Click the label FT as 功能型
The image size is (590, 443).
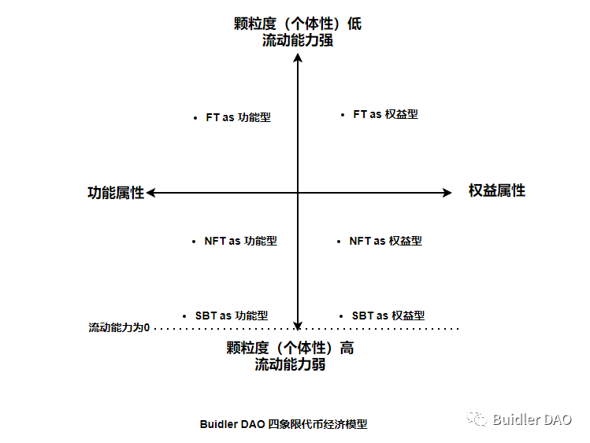click(x=238, y=117)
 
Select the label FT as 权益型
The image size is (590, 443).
click(x=385, y=114)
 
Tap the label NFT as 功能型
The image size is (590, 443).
click(x=240, y=242)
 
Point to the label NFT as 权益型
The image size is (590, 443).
click(x=385, y=241)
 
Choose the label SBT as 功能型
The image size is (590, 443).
click(x=232, y=316)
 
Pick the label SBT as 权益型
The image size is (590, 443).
click(x=388, y=316)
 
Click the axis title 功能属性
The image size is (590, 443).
click(x=116, y=193)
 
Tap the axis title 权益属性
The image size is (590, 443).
click(x=496, y=190)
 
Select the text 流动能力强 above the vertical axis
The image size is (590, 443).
click(x=298, y=40)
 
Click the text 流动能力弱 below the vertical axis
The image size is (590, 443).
click(x=290, y=365)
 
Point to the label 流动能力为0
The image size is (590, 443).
click(x=119, y=327)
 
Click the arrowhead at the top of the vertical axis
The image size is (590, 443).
click(x=298, y=57)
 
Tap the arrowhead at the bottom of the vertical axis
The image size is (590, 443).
click(x=298, y=323)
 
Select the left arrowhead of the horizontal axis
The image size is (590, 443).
click(x=151, y=192)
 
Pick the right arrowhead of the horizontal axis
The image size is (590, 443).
click(x=447, y=192)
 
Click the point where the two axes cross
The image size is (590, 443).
click(x=298, y=192)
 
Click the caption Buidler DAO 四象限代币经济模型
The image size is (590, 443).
click(x=283, y=424)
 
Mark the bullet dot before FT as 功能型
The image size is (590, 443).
click(x=195, y=118)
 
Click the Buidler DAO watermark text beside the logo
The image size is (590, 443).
click(x=532, y=419)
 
